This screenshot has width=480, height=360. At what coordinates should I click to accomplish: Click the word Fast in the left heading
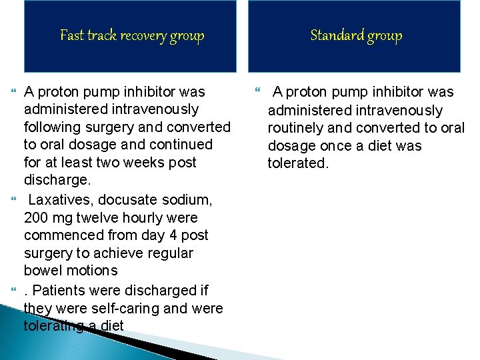coord(71,35)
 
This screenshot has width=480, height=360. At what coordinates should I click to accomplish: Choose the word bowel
coord(42,271)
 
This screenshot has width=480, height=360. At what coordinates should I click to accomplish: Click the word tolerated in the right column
coord(298,163)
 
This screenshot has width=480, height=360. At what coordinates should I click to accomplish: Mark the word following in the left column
coord(54,127)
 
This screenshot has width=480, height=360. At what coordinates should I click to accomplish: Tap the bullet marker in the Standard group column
coord(259,92)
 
